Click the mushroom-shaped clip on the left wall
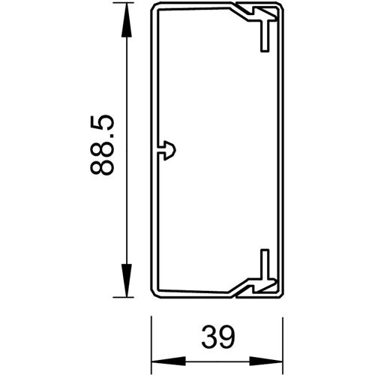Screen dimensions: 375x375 168,148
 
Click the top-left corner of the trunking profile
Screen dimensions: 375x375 153,6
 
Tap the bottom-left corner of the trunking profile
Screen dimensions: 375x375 153,294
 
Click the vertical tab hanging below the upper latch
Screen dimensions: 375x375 264,41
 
